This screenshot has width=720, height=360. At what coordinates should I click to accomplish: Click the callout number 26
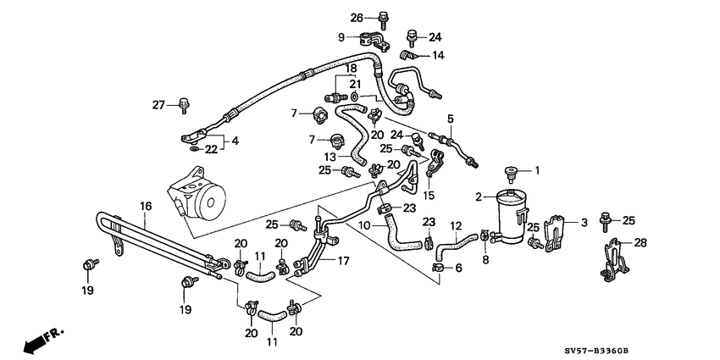[357, 17]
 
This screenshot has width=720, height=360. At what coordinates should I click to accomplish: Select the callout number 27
[158, 104]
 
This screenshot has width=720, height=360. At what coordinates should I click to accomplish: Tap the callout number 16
[145, 205]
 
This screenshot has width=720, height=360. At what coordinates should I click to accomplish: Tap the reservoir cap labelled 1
[511, 174]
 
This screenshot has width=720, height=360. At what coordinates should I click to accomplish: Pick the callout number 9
[341, 37]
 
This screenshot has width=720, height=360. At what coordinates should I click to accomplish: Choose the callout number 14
[438, 55]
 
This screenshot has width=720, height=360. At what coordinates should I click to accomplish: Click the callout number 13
[331, 156]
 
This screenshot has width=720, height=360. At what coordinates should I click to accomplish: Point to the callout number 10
[364, 225]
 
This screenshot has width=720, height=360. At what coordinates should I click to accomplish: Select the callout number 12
[455, 225]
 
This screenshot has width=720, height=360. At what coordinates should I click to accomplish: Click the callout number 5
[451, 118]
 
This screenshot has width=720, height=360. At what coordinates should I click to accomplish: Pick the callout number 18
[350, 67]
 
